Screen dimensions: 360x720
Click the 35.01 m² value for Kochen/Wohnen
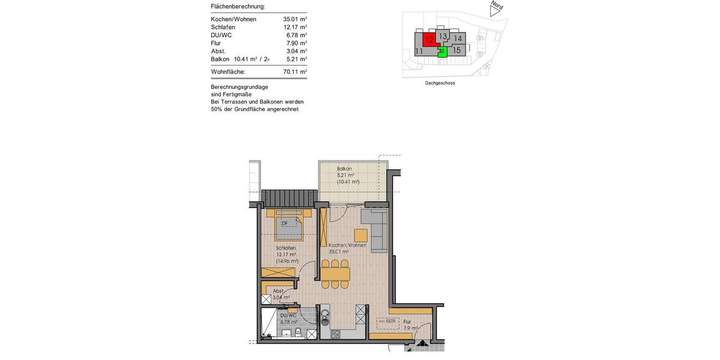[x=295, y=19]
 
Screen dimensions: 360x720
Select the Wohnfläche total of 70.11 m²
[x=295, y=71]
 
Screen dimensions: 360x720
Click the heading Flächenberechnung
[x=238, y=7]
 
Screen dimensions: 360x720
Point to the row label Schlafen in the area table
[x=223, y=27]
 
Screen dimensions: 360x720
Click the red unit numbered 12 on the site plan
[x=428, y=40]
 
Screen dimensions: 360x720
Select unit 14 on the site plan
[x=458, y=38]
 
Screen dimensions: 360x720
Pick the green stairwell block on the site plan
[x=442, y=52]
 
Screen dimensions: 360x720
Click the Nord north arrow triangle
[x=494, y=10]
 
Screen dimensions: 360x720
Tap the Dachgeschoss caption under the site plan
[x=439, y=83]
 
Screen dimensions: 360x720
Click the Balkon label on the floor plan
[x=344, y=169]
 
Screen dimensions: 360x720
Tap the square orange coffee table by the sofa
[x=360, y=235]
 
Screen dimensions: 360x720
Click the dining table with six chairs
[x=335, y=274]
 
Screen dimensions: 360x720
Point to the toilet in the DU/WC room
[x=298, y=333]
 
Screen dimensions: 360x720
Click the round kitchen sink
[x=325, y=311]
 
